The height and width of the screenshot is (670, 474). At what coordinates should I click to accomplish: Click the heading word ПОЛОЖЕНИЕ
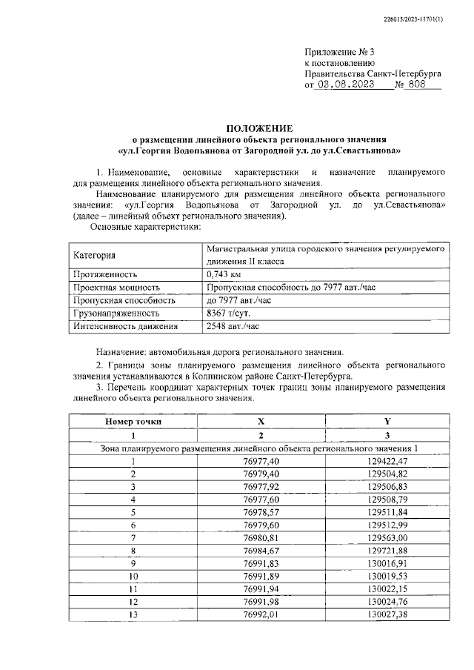260,128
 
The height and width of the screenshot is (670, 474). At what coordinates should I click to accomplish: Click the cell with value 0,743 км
227,273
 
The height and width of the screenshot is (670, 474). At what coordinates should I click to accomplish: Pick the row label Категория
95,256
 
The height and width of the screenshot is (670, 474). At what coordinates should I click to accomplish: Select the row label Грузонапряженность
117,314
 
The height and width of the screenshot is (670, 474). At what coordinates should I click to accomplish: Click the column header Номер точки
133,422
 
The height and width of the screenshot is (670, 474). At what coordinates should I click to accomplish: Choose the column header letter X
260,422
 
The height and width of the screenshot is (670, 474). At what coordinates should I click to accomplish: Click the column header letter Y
387,422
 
